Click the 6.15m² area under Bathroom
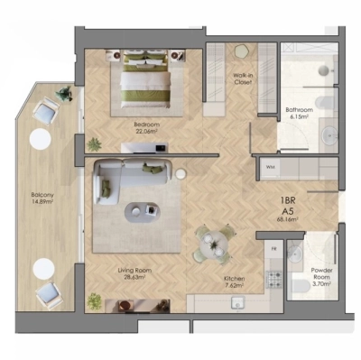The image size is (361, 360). pos(298,116)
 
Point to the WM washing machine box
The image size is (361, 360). pos(270,167)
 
